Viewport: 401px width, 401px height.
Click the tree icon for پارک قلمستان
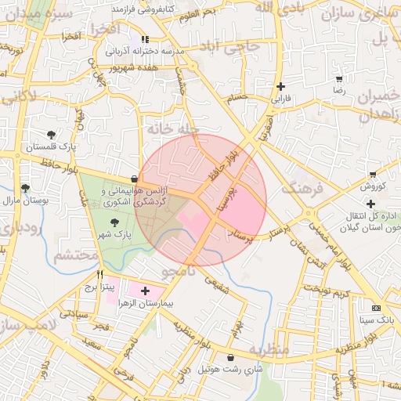coord(51,135)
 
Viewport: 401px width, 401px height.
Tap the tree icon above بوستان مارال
coord(26,188)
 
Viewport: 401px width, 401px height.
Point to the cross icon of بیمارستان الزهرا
coord(144,291)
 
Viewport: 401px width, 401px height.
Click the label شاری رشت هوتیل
coord(229,368)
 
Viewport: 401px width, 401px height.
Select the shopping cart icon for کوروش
coord(372,175)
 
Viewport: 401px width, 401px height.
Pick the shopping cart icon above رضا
coord(339,79)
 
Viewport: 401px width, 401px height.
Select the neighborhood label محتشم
coord(77,255)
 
